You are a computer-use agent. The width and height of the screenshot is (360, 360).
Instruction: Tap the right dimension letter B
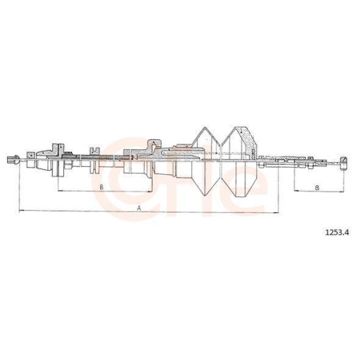317,188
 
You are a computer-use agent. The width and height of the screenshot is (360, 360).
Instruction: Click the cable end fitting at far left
12,159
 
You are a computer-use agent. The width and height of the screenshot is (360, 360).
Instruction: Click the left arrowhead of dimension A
20,211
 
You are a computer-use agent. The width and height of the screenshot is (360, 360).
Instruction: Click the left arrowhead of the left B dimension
59,192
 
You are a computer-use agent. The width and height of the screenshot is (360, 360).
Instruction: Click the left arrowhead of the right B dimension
293,192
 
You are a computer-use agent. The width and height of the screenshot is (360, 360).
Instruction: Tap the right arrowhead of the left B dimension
150,192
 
